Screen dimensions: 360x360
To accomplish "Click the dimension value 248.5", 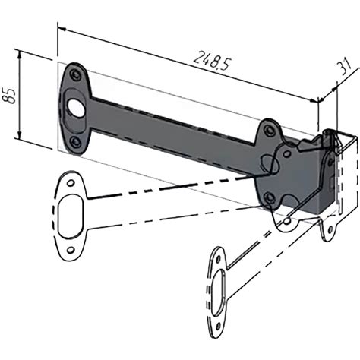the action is (x=212, y=61).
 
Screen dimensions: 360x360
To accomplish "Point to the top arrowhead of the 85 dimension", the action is (x=20, y=55).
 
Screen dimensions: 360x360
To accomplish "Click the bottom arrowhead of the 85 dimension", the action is (x=19, y=134).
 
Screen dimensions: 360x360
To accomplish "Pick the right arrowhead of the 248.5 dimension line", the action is (x=314, y=99).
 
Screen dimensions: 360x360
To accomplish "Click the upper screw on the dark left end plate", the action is (x=75, y=74).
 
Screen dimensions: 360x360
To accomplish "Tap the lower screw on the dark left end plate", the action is (x=75, y=142).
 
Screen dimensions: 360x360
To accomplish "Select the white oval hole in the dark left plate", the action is (x=75, y=108).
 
